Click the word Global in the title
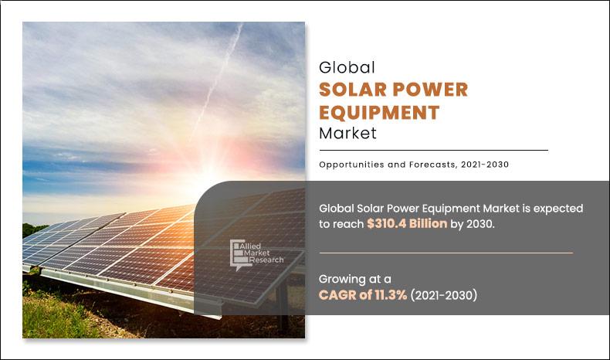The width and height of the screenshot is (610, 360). pos(347,68)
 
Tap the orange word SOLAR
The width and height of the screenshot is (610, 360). pos(356,90)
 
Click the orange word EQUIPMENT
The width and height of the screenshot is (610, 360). pos(379,112)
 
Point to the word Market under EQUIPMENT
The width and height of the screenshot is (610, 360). pos(347,133)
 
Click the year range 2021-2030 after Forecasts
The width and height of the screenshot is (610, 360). pos(483,164)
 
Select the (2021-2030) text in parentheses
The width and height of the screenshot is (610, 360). pos(443,295)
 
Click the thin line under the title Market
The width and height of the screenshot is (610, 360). pos(433,150)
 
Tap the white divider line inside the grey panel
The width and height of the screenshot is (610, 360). pos(446,253)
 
